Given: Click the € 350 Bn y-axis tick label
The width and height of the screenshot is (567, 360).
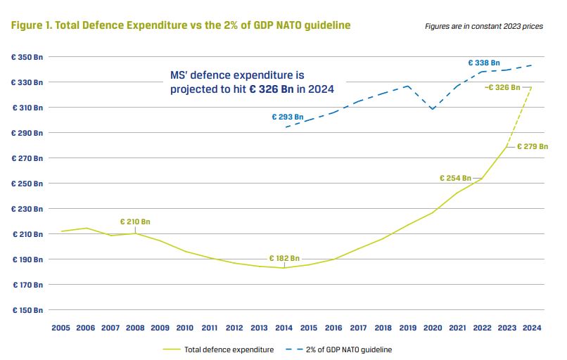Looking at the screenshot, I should click(27, 57).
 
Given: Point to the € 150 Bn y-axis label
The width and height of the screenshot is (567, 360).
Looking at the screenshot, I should click(27, 310).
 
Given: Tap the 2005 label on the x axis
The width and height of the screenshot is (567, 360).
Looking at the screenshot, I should click(61, 328).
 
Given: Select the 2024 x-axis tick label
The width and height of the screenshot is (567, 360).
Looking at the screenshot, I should click(531, 328).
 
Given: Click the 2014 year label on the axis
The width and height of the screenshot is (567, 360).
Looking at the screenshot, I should click(284, 328).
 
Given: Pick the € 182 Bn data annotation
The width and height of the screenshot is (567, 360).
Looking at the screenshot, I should click(284, 258).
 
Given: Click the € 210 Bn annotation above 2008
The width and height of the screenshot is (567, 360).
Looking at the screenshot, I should click(135, 221).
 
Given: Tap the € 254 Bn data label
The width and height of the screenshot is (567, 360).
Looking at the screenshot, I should click(455, 178).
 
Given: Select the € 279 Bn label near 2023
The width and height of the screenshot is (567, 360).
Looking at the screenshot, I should click(532, 147).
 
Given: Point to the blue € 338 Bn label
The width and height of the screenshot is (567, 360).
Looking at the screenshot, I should click(484, 63).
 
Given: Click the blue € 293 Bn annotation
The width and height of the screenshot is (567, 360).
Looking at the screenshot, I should click(288, 117).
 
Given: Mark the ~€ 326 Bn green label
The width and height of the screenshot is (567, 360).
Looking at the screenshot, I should click(502, 87).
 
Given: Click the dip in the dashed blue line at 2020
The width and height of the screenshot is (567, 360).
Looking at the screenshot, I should click(433, 109).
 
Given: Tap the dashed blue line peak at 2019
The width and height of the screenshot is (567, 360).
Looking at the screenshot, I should click(408, 86).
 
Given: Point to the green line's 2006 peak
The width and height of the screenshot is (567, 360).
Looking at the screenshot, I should click(86, 228).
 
